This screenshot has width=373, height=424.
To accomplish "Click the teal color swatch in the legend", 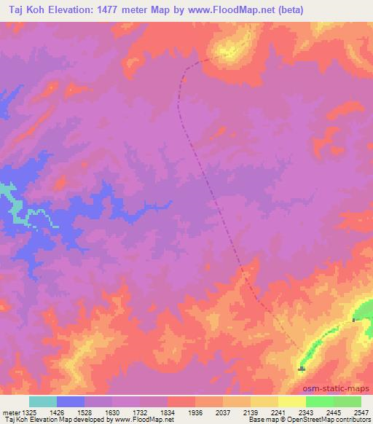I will (43, 401).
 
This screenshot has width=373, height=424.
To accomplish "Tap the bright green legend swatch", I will (319, 401).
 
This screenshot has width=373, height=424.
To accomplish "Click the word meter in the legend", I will (9, 412).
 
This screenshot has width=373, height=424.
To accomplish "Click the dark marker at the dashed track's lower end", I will (302, 369).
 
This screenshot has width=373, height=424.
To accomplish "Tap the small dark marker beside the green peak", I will (354, 320).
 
